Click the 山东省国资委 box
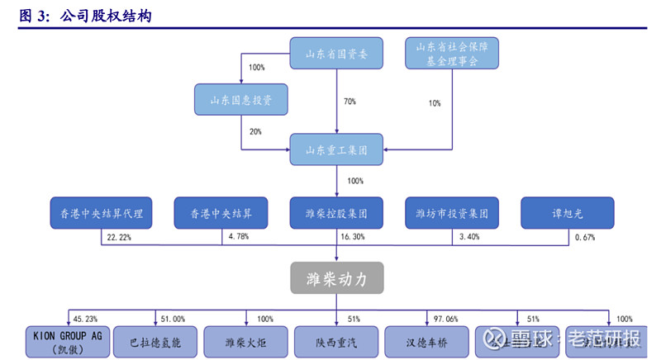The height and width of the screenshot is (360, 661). click(x=337, y=54)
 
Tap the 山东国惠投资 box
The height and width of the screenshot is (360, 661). click(x=240, y=100)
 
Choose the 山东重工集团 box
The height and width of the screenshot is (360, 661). click(x=337, y=149)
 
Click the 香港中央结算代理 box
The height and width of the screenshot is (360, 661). click(x=97, y=213)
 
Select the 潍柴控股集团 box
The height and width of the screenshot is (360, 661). click(x=337, y=213)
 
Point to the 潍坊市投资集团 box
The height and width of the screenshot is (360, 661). click(x=453, y=213)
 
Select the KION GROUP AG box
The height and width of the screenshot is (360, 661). click(x=67, y=341)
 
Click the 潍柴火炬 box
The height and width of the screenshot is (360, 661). click(x=247, y=341)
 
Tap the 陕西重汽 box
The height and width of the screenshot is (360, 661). click(x=337, y=341)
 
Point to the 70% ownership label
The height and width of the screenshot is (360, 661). click(x=349, y=102)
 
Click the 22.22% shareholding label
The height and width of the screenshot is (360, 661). click(x=121, y=238)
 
